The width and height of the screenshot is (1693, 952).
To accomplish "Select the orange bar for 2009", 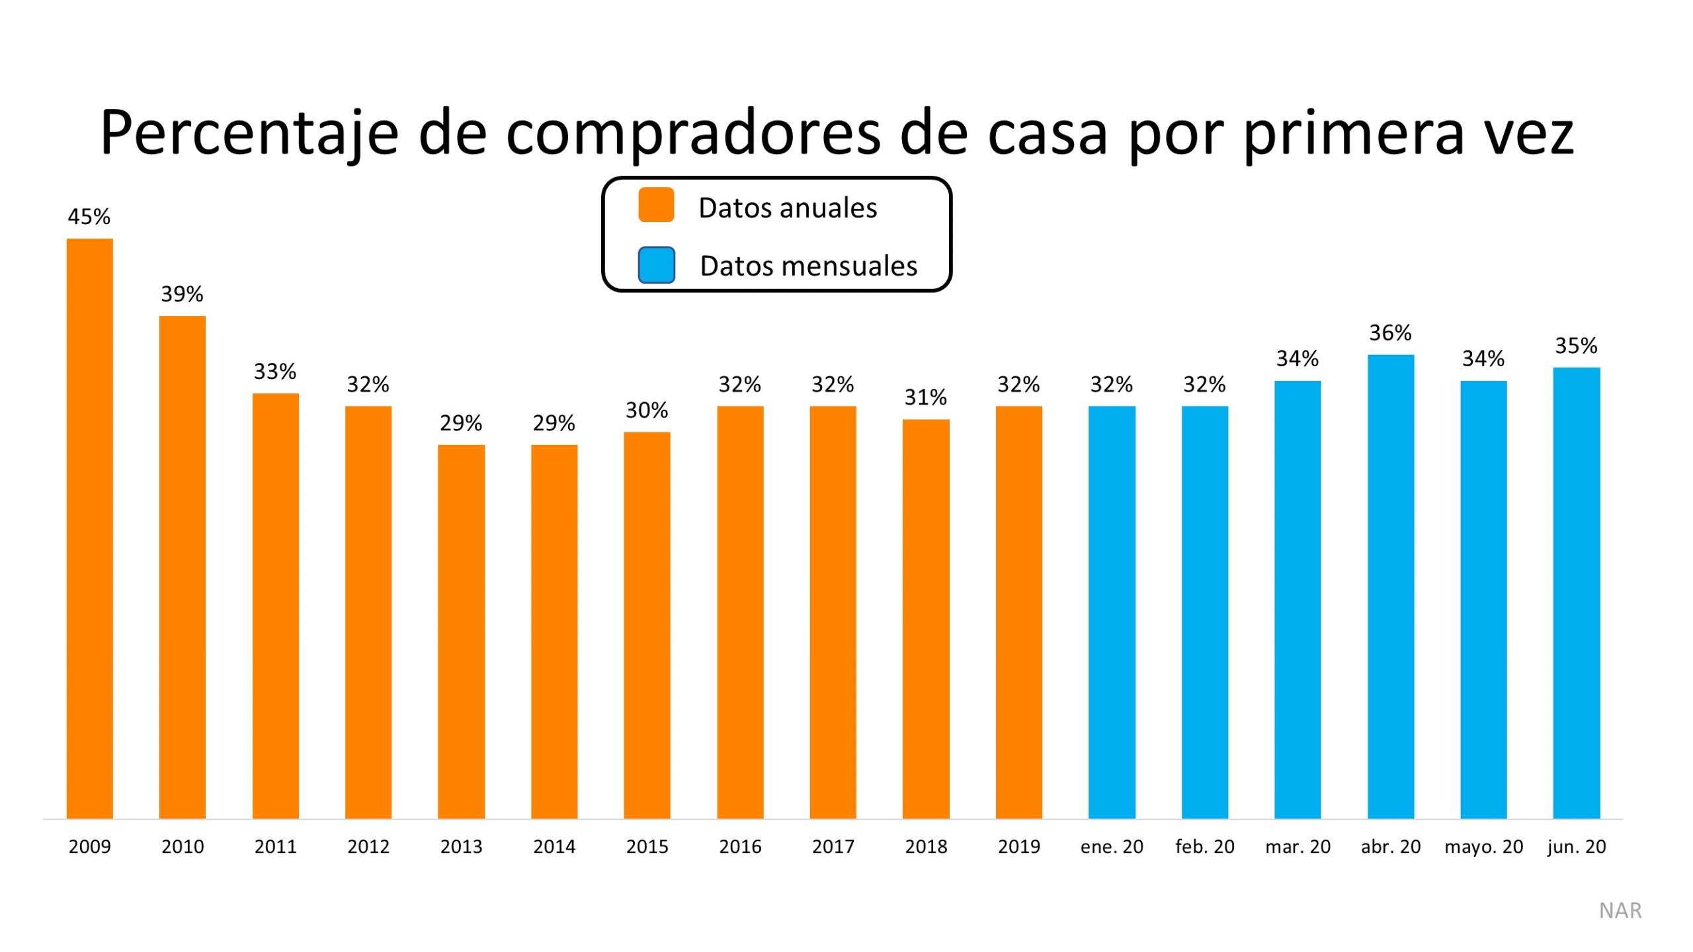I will click(x=89, y=529).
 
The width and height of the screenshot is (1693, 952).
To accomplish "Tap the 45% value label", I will click(x=89, y=217).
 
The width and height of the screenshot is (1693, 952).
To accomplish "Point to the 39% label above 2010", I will click(x=182, y=294).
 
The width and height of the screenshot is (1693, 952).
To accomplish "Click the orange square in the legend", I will click(x=655, y=205).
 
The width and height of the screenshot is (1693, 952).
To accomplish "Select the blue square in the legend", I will click(x=656, y=265).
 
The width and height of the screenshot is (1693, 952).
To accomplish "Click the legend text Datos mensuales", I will click(x=808, y=266).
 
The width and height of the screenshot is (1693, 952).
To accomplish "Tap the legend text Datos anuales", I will click(x=787, y=208).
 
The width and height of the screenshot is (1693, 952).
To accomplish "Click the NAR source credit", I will click(x=1620, y=910).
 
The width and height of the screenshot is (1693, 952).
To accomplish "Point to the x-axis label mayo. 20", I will click(x=1483, y=847).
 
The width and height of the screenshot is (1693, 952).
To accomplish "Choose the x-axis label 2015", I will click(x=647, y=847).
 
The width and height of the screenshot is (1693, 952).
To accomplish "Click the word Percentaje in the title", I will click(x=249, y=134).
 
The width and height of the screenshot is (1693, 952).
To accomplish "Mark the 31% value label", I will click(x=925, y=397).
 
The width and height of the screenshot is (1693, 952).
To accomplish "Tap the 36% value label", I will click(x=1390, y=333).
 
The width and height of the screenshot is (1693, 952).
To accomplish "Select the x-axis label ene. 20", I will click(x=1112, y=847).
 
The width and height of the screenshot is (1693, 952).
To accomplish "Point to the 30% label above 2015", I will click(x=647, y=411).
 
